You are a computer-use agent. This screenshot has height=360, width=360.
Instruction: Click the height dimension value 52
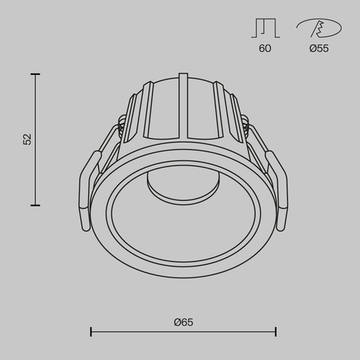coord(28,139)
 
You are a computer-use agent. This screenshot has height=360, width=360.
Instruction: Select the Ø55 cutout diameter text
coord(319,49)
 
